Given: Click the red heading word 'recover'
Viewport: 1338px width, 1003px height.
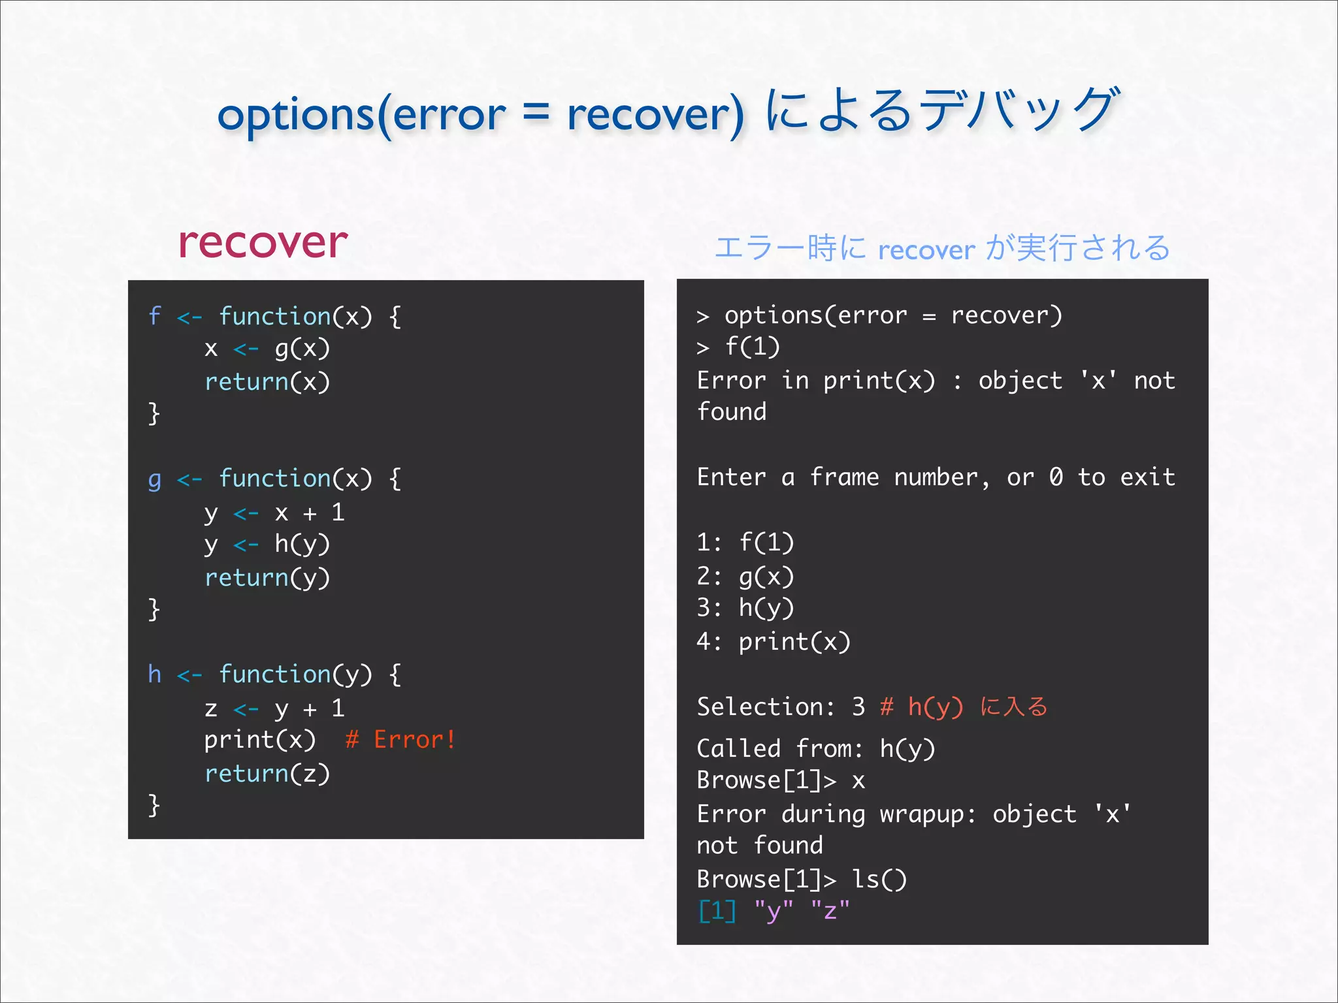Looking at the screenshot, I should (x=263, y=243).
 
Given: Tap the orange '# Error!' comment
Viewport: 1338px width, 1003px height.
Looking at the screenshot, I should (x=400, y=740).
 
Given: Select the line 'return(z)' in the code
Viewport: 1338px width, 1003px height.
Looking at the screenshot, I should (x=267, y=773).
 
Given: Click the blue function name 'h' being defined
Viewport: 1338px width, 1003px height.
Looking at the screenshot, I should (x=154, y=674).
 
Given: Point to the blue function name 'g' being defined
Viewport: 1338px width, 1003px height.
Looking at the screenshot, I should (x=154, y=480).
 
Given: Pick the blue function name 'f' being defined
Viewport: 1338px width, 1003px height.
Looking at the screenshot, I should (x=154, y=316).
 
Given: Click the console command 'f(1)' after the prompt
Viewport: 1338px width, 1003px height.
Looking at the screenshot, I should (x=753, y=347).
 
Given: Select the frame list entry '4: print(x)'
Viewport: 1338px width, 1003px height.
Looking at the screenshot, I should (x=774, y=641).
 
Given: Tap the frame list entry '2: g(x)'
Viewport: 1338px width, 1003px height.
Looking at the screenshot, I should (x=745, y=576).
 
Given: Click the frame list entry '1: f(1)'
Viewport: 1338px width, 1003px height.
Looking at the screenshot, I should (x=745, y=542).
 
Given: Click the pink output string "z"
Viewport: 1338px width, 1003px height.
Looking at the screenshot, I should (x=830, y=910).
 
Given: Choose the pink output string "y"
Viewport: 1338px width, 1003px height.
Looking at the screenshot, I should (x=774, y=910).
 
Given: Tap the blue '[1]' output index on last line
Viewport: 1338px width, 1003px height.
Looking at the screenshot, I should (x=717, y=910).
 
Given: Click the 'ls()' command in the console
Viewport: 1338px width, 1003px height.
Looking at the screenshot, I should (x=879, y=879).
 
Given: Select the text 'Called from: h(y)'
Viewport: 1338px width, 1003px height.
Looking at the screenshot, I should (x=816, y=748).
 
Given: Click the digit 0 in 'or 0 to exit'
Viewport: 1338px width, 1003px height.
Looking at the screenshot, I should (x=1056, y=477).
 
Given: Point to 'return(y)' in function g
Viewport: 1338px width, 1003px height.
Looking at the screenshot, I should (x=267, y=577).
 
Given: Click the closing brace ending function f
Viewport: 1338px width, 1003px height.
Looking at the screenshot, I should (x=154, y=413).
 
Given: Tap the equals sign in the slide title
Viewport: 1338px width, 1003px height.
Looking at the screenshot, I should (x=536, y=112).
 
